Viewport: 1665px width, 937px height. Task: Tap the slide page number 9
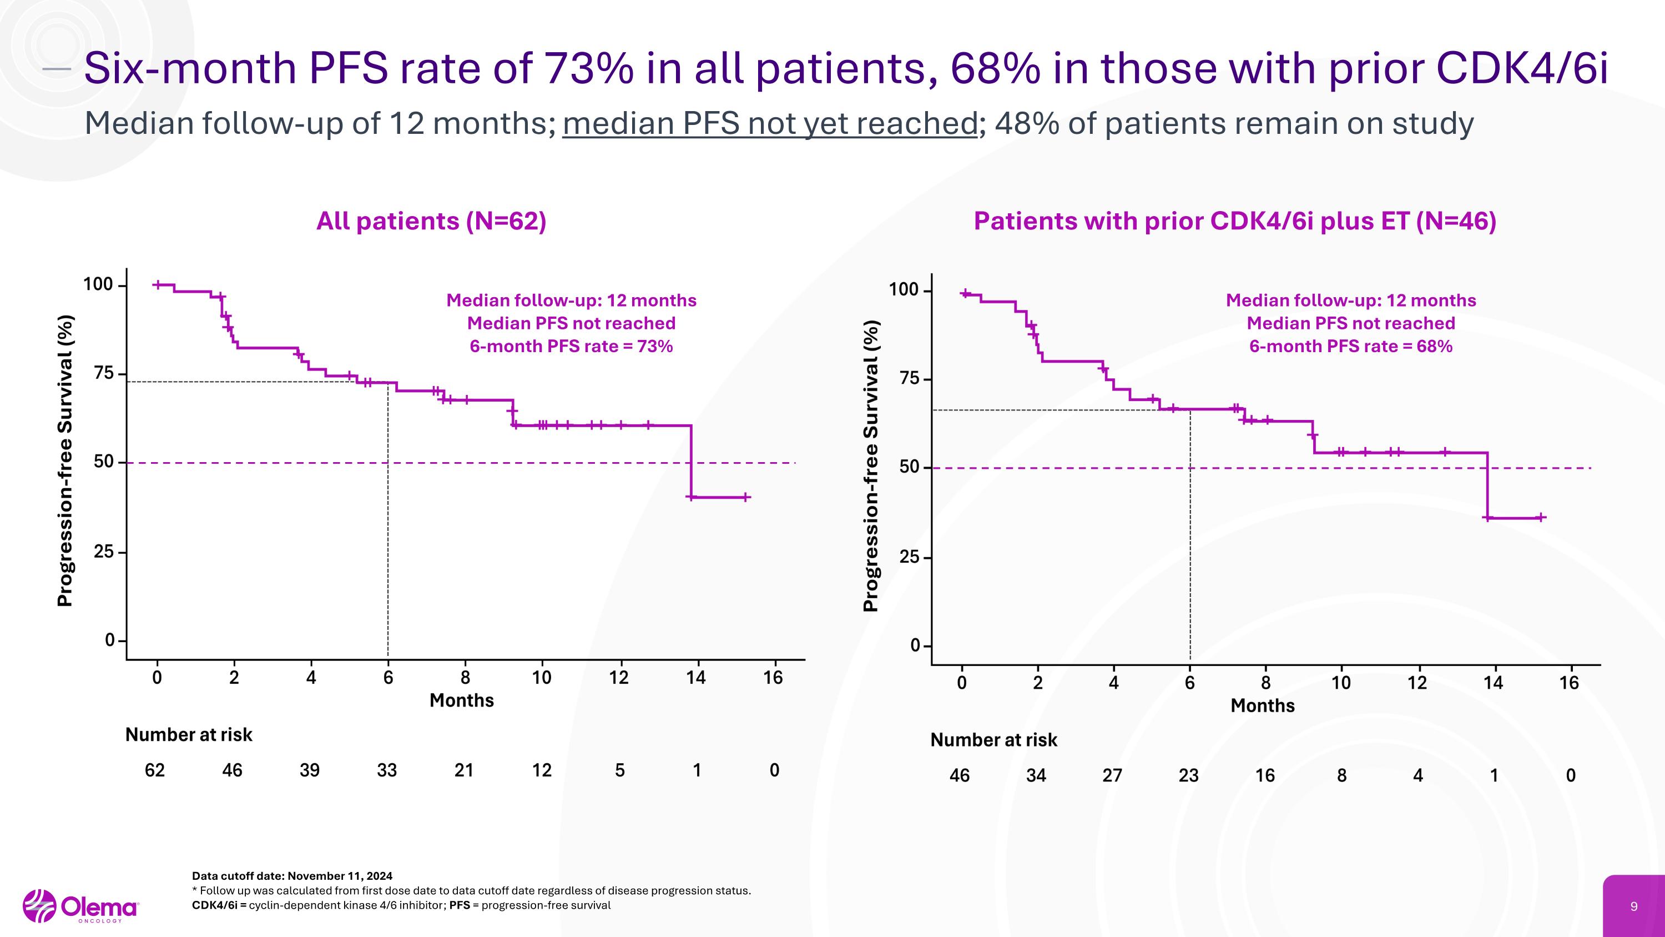click(x=1633, y=906)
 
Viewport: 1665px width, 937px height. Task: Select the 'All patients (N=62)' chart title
click(x=431, y=221)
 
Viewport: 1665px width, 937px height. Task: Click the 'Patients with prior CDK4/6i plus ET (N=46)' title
click(x=1234, y=221)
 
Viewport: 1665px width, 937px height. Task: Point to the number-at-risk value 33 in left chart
click(x=386, y=770)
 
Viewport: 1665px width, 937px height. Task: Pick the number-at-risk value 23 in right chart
click(x=1189, y=775)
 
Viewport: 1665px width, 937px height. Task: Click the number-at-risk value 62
click(x=154, y=770)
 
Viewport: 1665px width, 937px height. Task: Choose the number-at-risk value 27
click(x=1112, y=775)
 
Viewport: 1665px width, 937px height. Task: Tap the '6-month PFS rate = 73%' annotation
click(x=572, y=347)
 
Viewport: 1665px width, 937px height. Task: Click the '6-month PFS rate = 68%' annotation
click(x=1351, y=347)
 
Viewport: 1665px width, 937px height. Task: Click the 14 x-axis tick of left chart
click(x=696, y=678)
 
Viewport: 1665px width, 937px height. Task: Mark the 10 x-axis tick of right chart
click(x=1341, y=683)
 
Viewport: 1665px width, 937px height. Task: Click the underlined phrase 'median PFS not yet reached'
click(x=770, y=123)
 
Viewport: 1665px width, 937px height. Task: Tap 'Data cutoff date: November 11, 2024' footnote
click(x=292, y=876)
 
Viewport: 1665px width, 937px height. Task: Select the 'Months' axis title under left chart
click(x=462, y=700)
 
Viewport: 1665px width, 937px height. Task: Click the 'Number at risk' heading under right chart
click(x=993, y=740)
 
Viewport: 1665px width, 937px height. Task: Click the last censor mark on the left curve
click(x=745, y=497)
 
